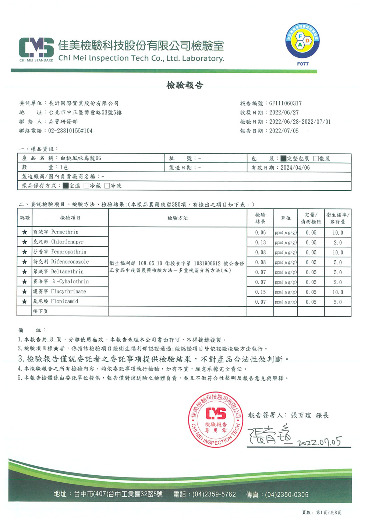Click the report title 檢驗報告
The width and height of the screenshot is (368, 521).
[185, 85]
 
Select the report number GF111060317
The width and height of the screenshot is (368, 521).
[285, 103]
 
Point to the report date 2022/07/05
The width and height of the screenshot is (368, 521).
[284, 131]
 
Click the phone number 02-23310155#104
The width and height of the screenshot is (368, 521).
[70, 131]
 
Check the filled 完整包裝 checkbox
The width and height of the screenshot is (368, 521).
[283, 159]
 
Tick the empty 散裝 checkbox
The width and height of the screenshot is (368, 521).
[316, 159]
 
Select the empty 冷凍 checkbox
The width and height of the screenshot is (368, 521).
[107, 186]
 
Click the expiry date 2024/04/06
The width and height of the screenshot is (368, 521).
[295, 168]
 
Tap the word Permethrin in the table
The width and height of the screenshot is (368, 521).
[65, 232]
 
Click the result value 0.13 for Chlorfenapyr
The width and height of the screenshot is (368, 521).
[260, 242]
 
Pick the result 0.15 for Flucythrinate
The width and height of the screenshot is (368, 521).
[260, 292]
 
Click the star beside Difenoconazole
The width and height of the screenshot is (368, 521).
[25, 262]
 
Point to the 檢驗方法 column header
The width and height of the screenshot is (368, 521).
[177, 218]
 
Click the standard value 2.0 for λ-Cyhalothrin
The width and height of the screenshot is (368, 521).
[337, 282]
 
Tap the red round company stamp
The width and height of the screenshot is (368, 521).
[216, 420]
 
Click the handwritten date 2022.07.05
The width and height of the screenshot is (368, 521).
[319, 441]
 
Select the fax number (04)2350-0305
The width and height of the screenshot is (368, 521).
[286, 494]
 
